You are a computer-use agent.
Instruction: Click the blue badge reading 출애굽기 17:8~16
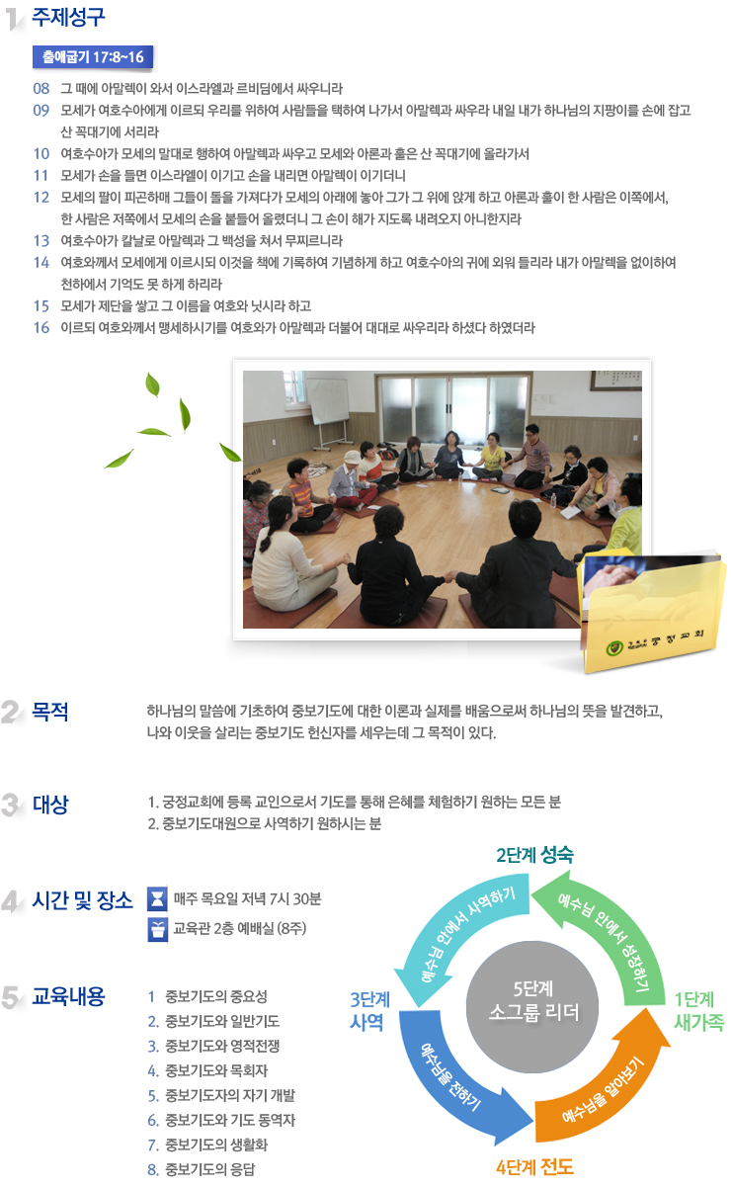[93, 57]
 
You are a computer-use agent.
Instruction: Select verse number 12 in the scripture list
[41, 198]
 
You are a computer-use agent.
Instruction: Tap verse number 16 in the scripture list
[41, 328]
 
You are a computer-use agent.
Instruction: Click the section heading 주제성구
[68, 17]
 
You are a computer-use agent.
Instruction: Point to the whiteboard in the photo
[328, 401]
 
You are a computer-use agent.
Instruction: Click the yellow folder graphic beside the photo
[652, 613]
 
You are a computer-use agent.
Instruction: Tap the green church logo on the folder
[613, 647]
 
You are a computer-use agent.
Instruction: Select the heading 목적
[50, 712]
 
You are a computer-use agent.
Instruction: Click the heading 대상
[50, 804]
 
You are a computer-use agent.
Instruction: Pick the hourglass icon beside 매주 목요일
[157, 899]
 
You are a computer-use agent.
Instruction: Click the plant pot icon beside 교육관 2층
[157, 929]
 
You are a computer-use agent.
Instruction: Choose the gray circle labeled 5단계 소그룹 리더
[532, 1007]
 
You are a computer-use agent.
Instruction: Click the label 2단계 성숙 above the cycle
[534, 855]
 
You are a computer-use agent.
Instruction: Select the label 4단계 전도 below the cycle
[534, 1167]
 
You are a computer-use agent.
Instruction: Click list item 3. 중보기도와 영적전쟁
[213, 1046]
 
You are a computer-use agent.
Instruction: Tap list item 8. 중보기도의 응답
[202, 1169]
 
